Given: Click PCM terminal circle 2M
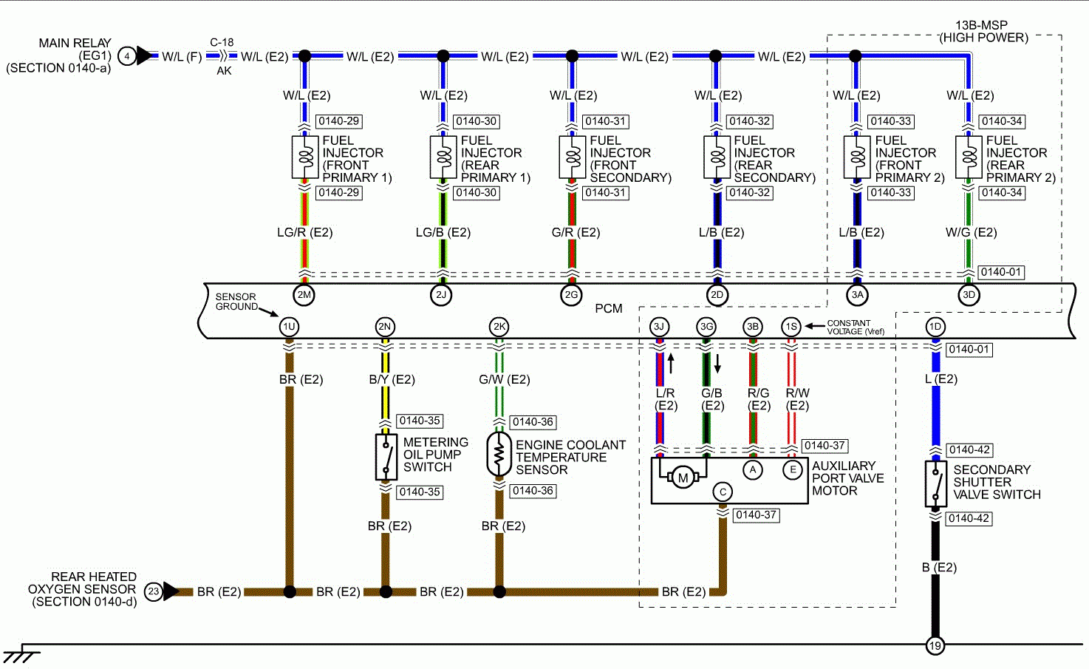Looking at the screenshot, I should coord(304,295).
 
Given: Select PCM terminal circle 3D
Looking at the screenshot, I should coord(969,295).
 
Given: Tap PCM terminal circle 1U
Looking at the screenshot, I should coord(289,327).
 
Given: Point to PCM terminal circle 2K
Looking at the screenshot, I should coord(499,327).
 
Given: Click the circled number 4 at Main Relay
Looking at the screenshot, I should coord(127,56).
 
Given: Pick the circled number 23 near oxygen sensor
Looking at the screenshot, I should coord(153,591).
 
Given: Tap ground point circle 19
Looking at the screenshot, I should coord(935,645).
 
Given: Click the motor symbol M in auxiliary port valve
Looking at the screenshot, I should coord(683,478).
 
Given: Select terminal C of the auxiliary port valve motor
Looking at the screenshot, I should coord(723,492).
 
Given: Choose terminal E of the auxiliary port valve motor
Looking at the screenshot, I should coord(793,469).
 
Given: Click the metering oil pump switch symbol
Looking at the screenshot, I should coord(385,456).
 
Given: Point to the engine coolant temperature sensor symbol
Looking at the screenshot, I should coord(499,455).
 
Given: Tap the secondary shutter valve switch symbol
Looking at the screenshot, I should coord(935,483).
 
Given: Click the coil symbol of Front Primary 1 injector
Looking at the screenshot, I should coord(304,157).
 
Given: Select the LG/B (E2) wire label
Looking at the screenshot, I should coord(443,232).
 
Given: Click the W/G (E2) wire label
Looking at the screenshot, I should coord(971,232).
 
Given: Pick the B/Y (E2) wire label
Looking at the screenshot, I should coord(392,379).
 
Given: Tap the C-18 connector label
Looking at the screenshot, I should coord(222,42).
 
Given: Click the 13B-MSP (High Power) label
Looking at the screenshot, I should coord(982,31).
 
